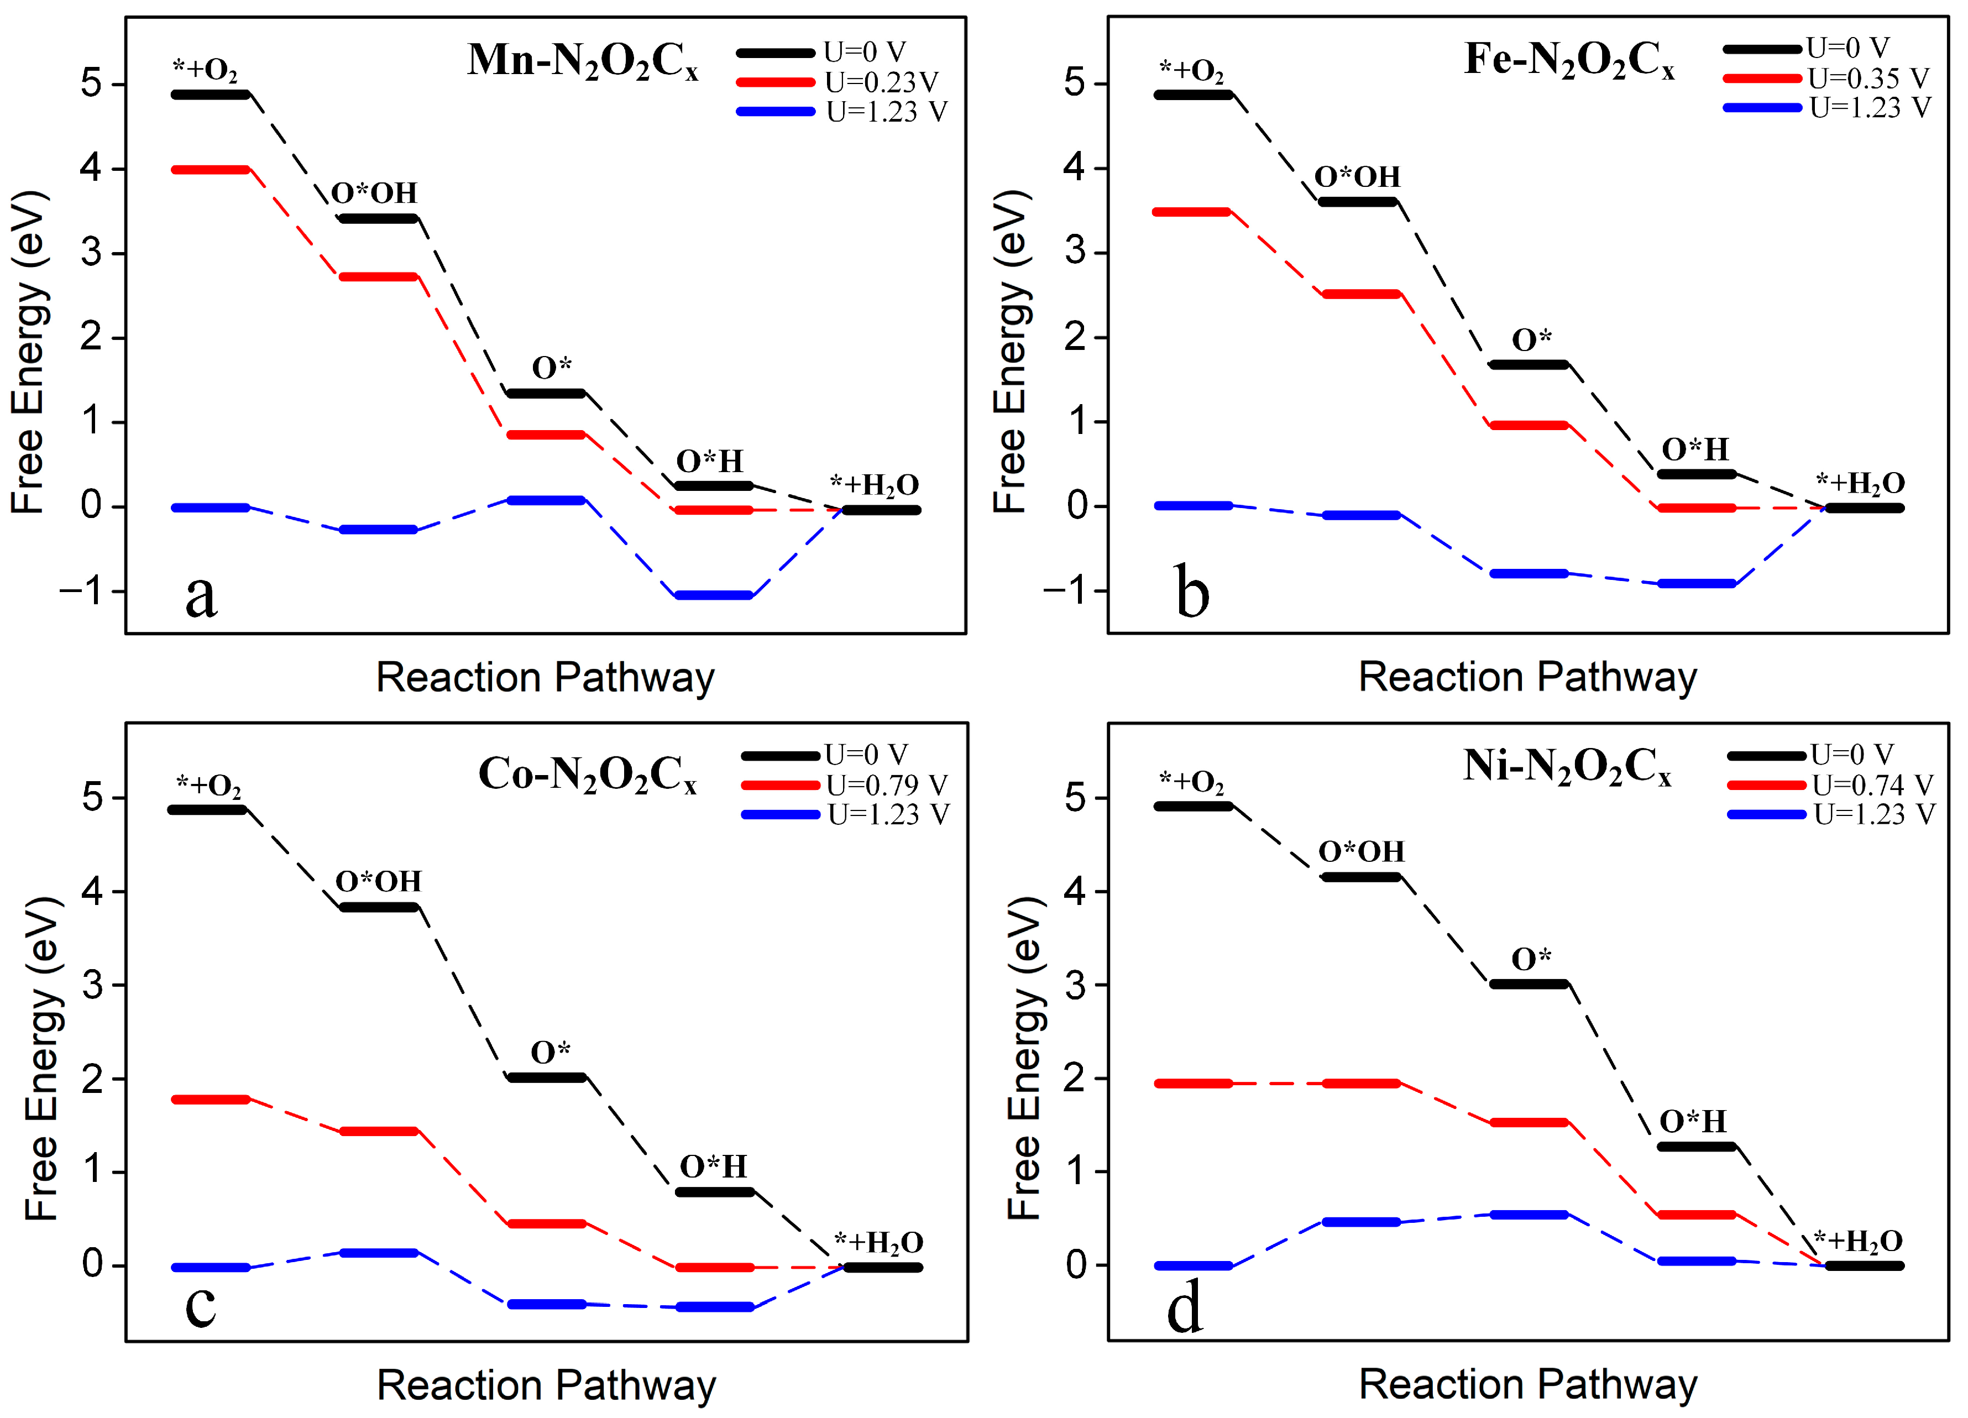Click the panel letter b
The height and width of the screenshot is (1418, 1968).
tap(1192, 592)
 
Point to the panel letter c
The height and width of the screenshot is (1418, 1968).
tap(201, 1304)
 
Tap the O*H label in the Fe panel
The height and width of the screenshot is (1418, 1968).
tap(1695, 449)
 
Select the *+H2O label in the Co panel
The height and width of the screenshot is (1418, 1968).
tap(878, 1243)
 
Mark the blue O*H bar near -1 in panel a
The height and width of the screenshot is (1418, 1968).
tap(713, 595)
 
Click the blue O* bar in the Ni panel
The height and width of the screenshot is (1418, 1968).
tap(1529, 1215)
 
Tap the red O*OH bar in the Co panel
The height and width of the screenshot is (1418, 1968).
tap(379, 1132)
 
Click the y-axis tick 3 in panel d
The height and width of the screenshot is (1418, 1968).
tap(1075, 985)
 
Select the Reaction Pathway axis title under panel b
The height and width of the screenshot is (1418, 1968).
tap(1527, 677)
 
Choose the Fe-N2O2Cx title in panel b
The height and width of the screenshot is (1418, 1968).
tap(1569, 61)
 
